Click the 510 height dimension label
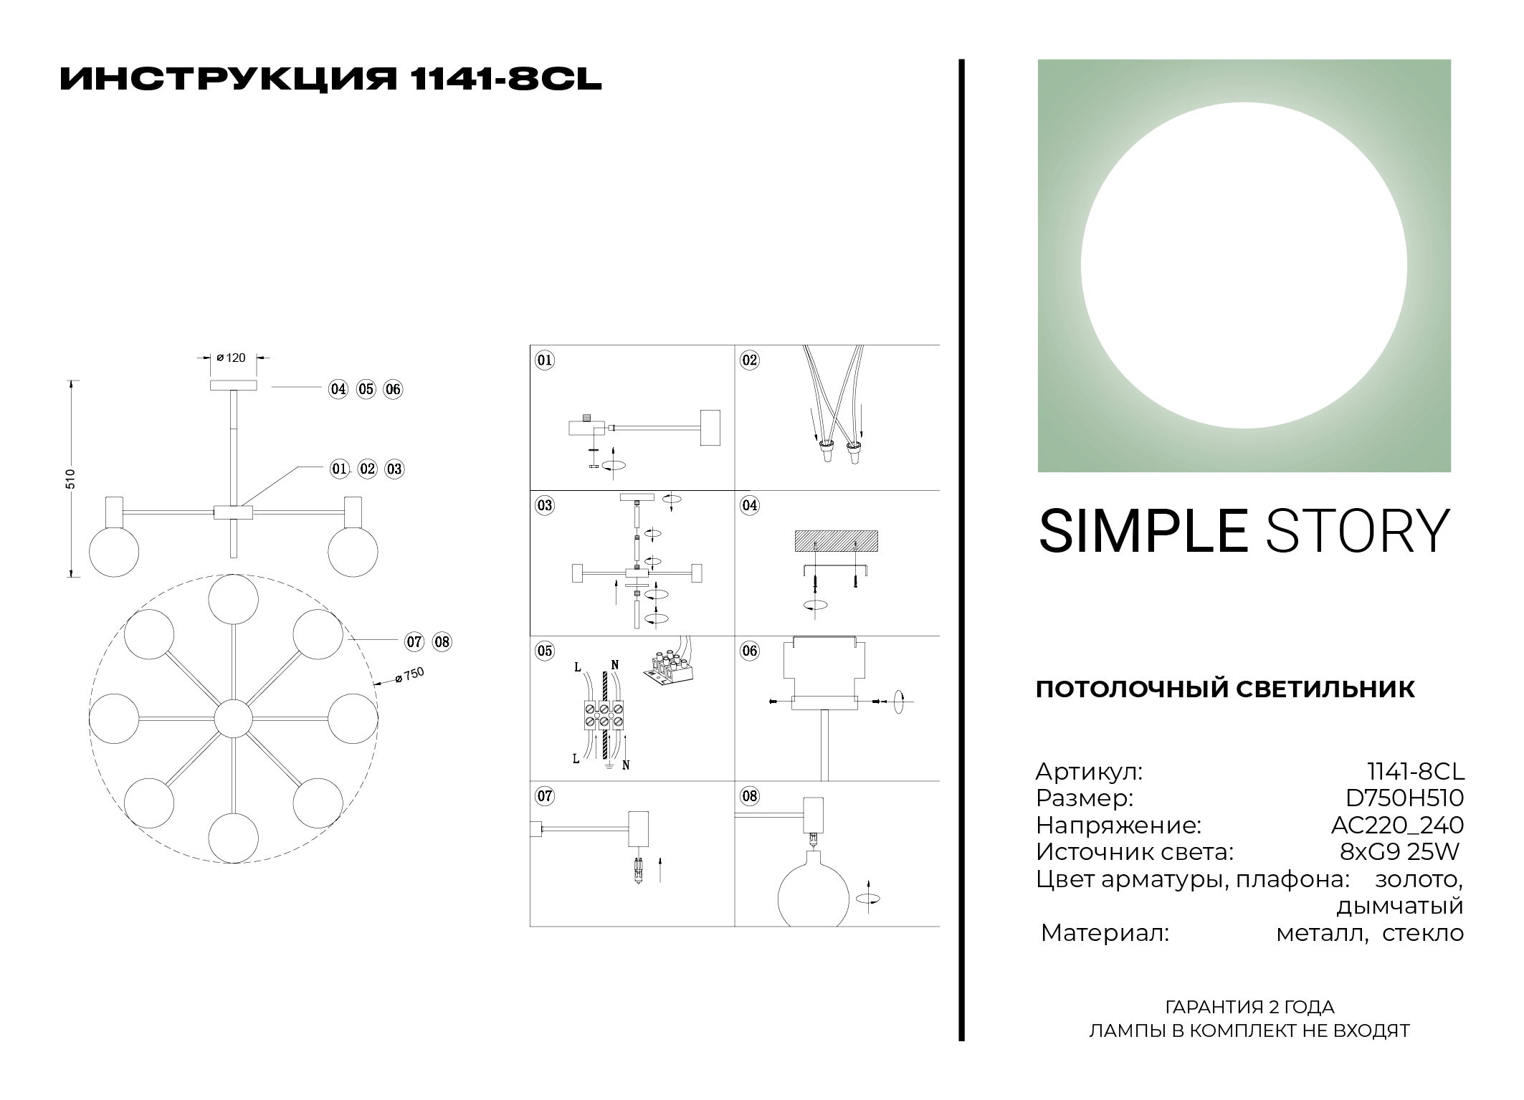click(x=70, y=479)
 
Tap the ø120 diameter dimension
click(x=230, y=358)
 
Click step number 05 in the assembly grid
click(x=545, y=651)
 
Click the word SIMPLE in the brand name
click(x=1143, y=531)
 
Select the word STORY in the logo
click(x=1358, y=531)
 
